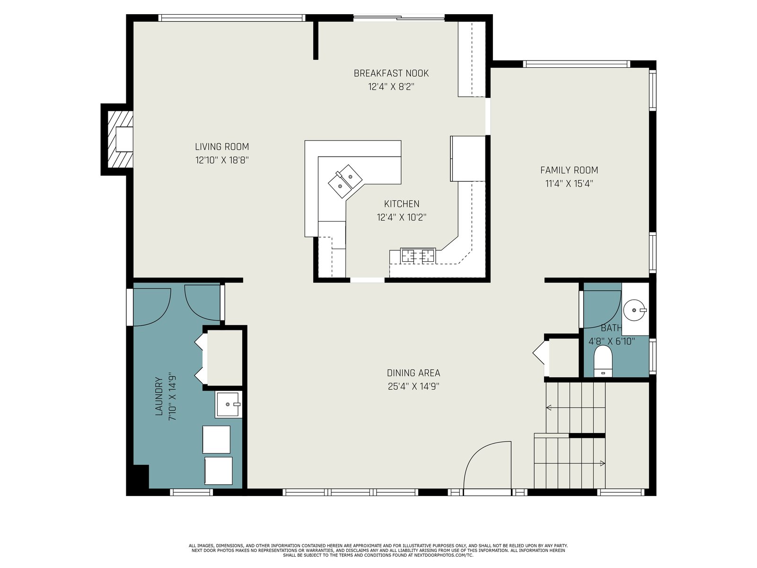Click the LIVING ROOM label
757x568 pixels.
pyautogui.click(x=222, y=147)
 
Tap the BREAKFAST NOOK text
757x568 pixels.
pyautogui.click(x=391, y=73)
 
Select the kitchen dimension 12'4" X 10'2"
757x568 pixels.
pyautogui.click(x=401, y=217)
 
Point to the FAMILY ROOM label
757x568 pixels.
pyautogui.click(x=569, y=170)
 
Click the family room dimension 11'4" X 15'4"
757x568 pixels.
pyautogui.click(x=569, y=184)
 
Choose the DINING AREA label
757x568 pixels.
pyautogui.click(x=413, y=373)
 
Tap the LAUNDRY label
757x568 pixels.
pyautogui.click(x=158, y=396)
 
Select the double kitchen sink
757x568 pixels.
pyautogui.click(x=345, y=181)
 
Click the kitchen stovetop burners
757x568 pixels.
pyautogui.click(x=418, y=256)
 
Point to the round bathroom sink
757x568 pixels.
pyautogui.click(x=634, y=310)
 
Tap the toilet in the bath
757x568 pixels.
pyautogui.click(x=603, y=361)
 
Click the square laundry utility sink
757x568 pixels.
pyautogui.click(x=228, y=404)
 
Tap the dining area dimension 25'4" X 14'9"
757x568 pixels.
pyautogui.click(x=413, y=386)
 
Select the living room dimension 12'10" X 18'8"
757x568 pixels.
pyautogui.click(x=222, y=160)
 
